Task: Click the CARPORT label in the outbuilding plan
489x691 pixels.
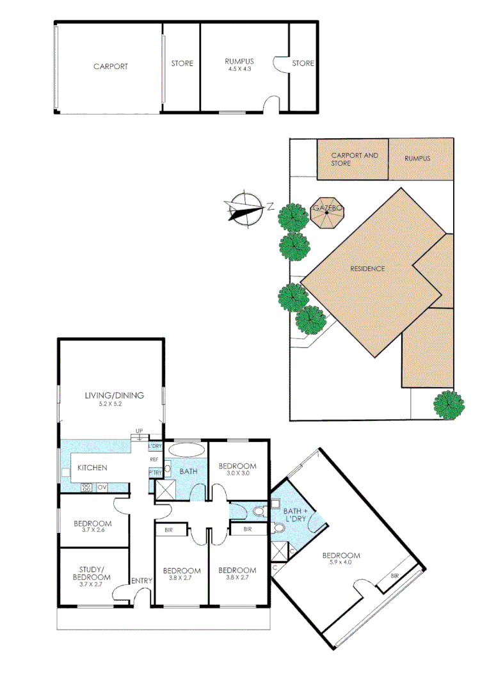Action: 110,66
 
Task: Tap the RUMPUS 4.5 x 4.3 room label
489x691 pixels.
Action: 238,65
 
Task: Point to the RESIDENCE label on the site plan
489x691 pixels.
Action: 367,269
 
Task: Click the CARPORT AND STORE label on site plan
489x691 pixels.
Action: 354,159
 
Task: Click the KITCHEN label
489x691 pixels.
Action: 92,468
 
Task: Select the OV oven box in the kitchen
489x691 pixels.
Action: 101,488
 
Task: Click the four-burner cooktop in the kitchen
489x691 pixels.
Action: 86,488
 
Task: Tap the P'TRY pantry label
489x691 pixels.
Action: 155,473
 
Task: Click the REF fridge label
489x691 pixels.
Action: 154,459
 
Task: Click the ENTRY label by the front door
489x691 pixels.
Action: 141,580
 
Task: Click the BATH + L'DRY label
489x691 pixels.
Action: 296,516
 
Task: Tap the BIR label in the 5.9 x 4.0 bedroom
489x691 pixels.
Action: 394,576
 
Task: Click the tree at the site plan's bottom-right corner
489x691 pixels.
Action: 449,404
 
